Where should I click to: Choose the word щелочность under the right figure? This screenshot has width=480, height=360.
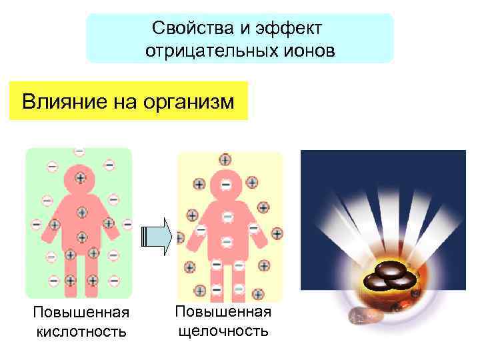(223, 331)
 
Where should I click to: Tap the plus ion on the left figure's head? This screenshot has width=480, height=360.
(80, 178)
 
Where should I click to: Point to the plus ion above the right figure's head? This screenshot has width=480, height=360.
(225, 160)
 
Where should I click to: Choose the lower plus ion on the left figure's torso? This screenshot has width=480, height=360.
(81, 237)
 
